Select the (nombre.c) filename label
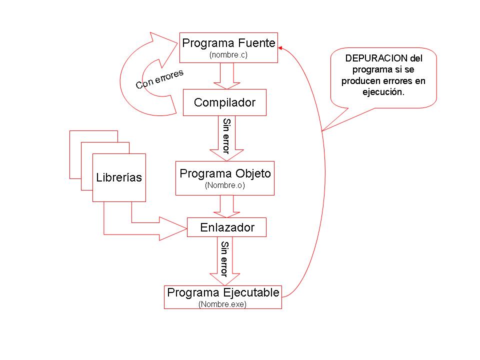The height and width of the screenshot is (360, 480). point(228,55)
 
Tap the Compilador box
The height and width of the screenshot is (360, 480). point(224,102)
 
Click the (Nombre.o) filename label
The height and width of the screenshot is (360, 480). point(224,185)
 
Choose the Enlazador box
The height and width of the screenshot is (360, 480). point(227,227)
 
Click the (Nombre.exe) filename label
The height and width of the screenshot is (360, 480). point(222,303)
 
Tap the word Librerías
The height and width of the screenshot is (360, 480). point(119,177)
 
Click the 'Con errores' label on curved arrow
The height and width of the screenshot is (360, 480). point(159,79)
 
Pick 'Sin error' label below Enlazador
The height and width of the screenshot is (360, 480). point(224,259)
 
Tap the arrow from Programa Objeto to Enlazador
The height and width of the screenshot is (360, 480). point(227,206)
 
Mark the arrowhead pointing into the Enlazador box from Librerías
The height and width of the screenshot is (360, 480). point(172,228)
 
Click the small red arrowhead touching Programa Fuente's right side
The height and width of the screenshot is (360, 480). point(280,48)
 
